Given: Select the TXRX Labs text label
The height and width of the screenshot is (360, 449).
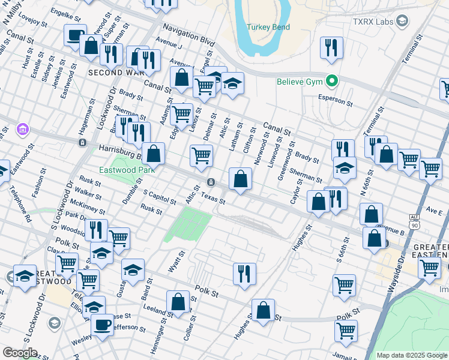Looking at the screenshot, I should coord(372,21).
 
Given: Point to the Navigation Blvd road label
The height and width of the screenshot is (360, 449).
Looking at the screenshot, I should coord(189,35).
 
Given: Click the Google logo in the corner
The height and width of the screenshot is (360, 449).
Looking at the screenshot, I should coord(20,352).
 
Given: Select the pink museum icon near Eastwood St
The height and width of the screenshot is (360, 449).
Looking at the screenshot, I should coord(23,129).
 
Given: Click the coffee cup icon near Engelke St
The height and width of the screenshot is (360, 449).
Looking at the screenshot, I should coord(75,35).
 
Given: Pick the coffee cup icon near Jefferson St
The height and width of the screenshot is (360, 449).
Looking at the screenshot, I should coord(102,325).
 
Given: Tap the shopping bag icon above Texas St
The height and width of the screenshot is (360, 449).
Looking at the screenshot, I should coord(240,178).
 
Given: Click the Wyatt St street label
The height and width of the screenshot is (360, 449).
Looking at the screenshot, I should coord(175,262).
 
